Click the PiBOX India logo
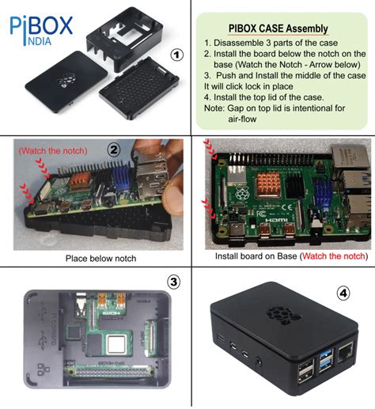40,29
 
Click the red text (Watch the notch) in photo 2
47,149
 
